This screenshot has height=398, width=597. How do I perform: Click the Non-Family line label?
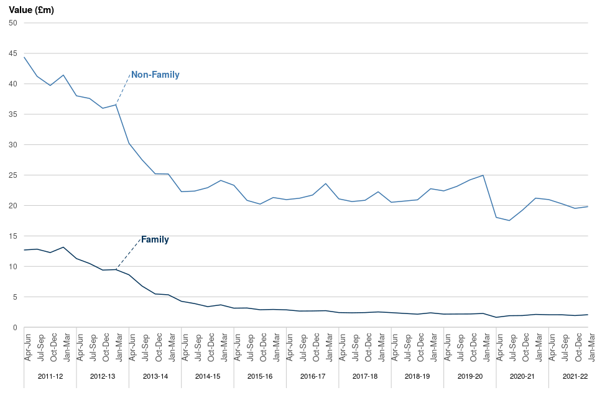point(155,75)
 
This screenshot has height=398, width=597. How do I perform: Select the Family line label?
point(155,239)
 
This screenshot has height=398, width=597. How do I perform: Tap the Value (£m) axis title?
point(31,10)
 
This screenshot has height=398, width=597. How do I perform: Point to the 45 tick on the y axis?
point(12,53)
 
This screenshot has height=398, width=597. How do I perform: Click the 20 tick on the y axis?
point(12,206)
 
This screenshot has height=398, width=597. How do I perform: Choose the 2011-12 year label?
point(50,377)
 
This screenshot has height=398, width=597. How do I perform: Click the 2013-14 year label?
point(155,377)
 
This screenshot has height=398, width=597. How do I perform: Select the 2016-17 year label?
point(312,377)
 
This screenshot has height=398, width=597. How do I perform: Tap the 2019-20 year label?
point(470,377)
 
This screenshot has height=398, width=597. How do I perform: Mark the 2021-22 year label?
point(575,377)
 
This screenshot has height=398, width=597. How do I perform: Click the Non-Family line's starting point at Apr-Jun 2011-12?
point(24,57)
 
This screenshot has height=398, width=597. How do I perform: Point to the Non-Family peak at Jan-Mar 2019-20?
point(483,175)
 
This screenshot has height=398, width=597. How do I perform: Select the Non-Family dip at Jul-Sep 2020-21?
point(509,221)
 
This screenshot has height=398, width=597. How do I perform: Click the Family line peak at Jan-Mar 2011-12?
point(63,248)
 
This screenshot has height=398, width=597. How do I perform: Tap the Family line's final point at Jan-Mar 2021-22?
point(588,315)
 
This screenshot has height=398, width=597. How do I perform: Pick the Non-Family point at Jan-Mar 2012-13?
point(116,104)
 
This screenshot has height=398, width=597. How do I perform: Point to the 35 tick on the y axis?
point(12,114)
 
